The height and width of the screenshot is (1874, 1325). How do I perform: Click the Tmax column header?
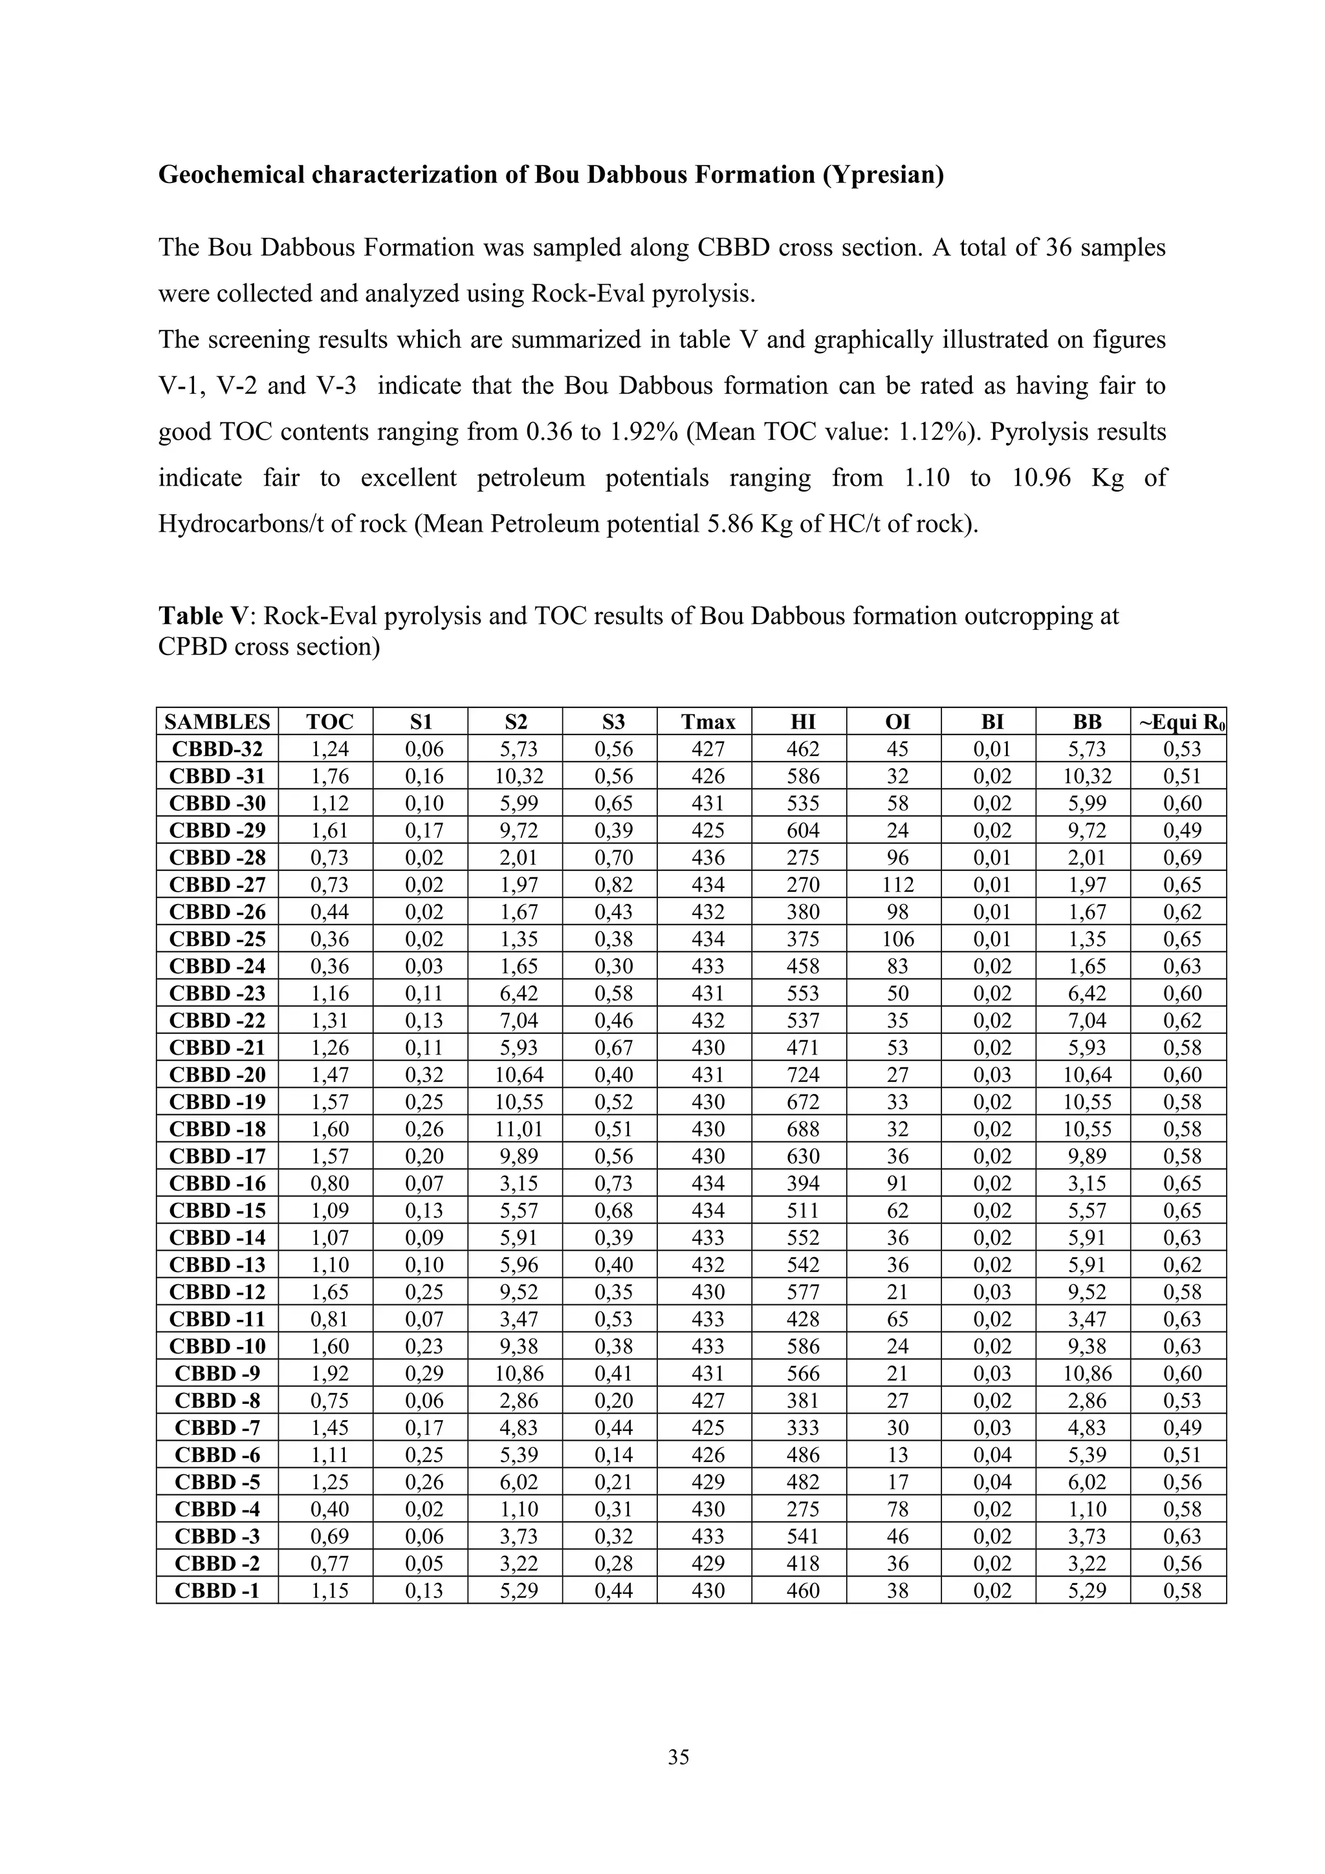tap(707, 722)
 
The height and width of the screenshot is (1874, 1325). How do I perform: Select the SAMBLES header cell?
tap(217, 722)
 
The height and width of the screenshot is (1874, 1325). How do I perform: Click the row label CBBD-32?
tap(217, 748)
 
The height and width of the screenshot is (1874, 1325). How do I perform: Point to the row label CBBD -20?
tap(217, 1074)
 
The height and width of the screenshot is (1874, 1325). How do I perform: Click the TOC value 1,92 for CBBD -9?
tap(329, 1373)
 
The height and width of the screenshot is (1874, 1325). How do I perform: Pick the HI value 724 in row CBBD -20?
tap(802, 1074)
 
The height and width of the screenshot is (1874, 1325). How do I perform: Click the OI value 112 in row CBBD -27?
tap(897, 885)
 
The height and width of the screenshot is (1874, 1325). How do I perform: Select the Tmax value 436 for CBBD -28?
tap(707, 857)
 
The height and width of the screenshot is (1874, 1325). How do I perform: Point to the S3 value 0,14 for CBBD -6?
tap(613, 1454)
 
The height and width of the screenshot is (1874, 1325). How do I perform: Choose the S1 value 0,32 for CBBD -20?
tap(424, 1074)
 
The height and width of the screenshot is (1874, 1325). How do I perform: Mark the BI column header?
tap(992, 722)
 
